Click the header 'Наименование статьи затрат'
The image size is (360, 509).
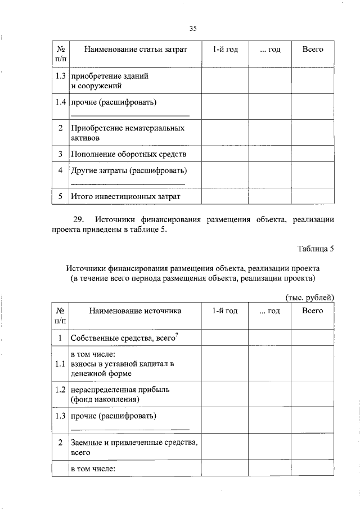[x=135, y=49]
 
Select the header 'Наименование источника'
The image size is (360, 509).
[x=135, y=310]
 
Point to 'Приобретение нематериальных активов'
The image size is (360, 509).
[x=127, y=133]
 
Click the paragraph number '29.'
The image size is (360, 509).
[x=78, y=219]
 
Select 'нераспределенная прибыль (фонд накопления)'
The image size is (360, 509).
[x=112, y=394]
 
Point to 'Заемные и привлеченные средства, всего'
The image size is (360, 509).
[x=133, y=447]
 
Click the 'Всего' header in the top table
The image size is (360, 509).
[x=313, y=49]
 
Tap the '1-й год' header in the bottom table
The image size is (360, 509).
[x=225, y=310]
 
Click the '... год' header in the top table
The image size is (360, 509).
[x=270, y=49]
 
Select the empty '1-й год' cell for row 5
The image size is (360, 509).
[x=225, y=196]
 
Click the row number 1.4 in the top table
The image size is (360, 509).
[x=60, y=102]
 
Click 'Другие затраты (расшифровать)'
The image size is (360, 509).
[x=128, y=170]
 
